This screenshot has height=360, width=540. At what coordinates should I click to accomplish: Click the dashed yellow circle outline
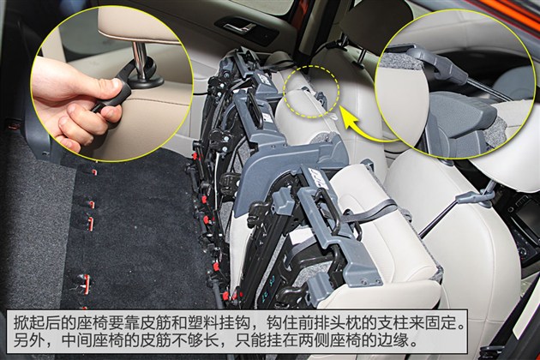point(311,66)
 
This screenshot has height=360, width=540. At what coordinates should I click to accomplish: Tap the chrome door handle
point(240,28)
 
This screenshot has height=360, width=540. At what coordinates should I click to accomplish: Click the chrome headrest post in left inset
point(140,61)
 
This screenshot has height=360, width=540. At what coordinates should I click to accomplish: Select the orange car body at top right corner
point(509,9)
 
